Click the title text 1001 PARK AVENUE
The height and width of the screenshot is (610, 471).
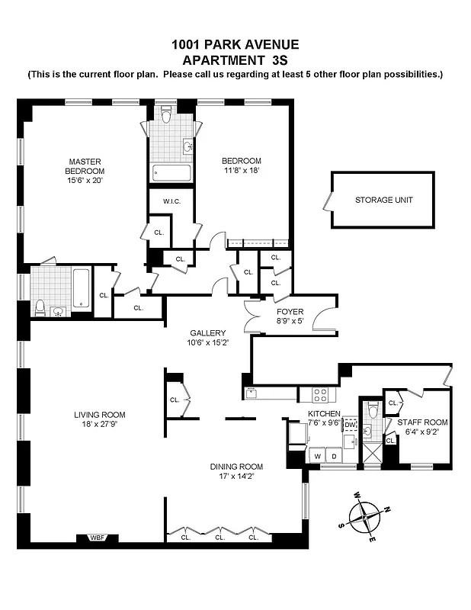point(235,45)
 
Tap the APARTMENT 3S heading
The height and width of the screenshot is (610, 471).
point(235,59)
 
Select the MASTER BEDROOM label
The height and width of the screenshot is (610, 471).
point(85,166)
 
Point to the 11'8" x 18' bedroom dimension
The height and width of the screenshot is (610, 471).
point(242,171)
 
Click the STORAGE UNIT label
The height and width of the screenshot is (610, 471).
point(383,200)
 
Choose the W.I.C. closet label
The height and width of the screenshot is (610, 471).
point(170,201)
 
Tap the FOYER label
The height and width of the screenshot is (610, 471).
point(290,312)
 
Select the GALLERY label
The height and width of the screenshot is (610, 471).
point(208,333)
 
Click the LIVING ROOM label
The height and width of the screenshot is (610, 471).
point(99,415)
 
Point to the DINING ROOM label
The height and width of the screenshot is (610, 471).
point(236,467)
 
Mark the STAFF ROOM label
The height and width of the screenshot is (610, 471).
point(421,422)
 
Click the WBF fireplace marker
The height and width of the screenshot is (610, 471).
point(97,538)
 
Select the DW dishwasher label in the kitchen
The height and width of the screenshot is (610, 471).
point(350,427)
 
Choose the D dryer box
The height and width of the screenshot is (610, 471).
point(333,456)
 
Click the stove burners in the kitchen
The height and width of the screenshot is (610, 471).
point(321,394)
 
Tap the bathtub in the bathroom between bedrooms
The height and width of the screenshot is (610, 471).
point(171,172)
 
